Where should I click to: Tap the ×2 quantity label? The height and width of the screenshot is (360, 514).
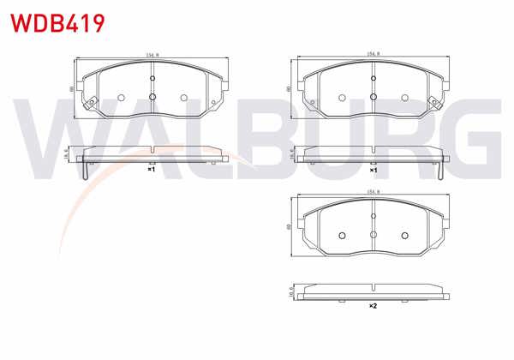pos(373,306)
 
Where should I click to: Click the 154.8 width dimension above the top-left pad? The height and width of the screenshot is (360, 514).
pos(151,56)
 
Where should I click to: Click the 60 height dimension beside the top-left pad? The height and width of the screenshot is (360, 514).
pos(71,88)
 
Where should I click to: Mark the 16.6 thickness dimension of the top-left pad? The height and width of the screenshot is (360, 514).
pos(69,154)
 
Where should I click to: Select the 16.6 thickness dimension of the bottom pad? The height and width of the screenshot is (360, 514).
pos(291,291)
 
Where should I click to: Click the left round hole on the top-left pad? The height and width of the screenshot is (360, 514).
pos(120,97)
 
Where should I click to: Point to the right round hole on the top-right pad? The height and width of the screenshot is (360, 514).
pos(405,97)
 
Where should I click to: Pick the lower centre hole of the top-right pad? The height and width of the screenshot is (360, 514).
pos(374,97)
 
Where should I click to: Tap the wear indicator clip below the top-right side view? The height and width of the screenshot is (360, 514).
pos(439,170)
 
